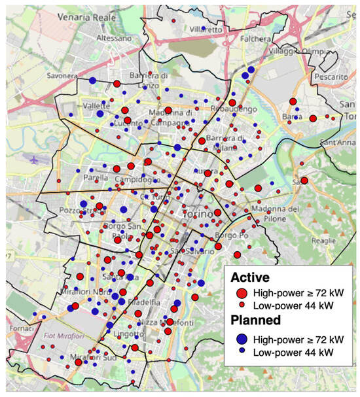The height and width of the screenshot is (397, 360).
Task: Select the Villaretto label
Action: click(206, 29)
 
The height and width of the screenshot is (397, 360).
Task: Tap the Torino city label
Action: click(197, 214)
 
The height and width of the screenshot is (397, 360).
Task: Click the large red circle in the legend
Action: click(242, 292)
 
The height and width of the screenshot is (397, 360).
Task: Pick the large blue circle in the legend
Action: click(242, 339)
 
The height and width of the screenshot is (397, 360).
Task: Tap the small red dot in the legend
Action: click(242, 305)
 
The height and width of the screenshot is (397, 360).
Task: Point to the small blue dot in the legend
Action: click(242, 351)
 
